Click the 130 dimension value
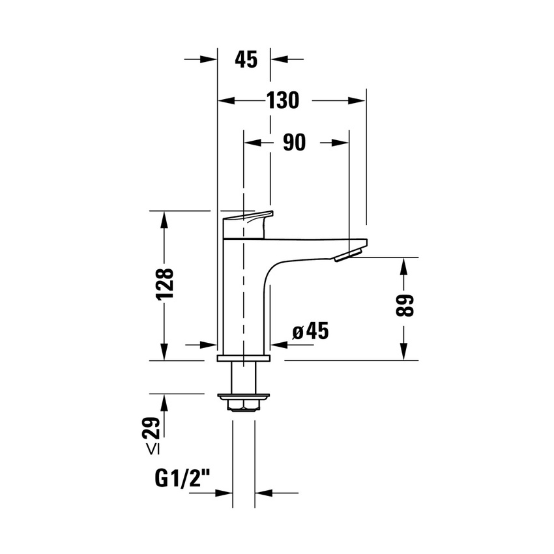[282, 100]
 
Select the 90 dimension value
[295, 143]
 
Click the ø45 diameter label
[310, 331]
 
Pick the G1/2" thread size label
[183, 480]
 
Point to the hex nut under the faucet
[243, 405]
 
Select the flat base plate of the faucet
[243, 359]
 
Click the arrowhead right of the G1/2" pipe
[261, 493]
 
